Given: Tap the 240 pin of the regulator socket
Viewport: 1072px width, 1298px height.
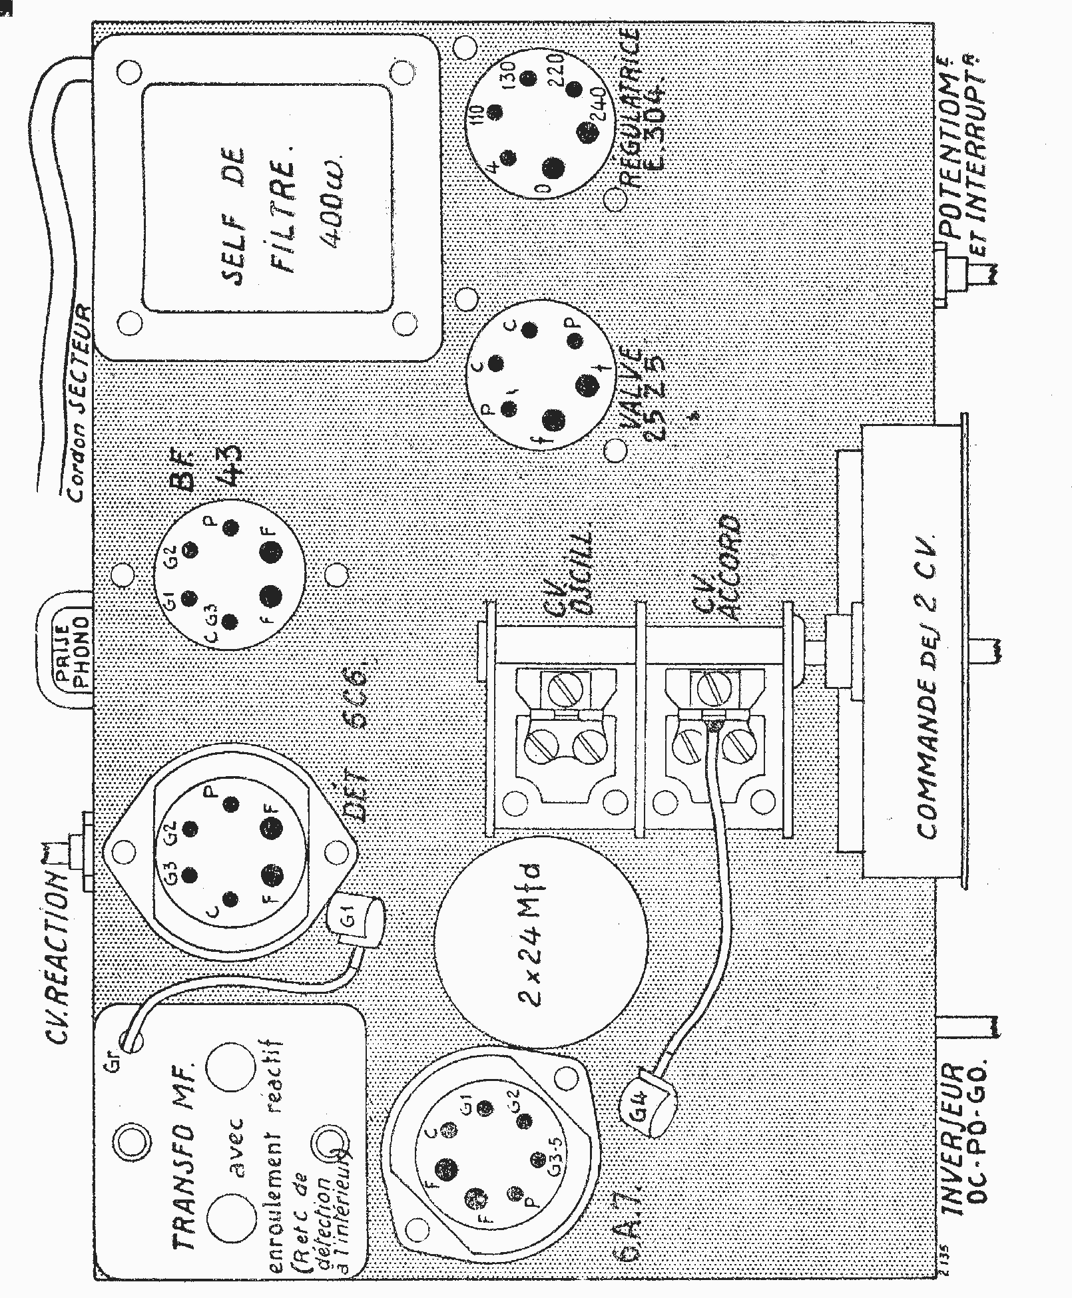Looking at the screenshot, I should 589,131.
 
